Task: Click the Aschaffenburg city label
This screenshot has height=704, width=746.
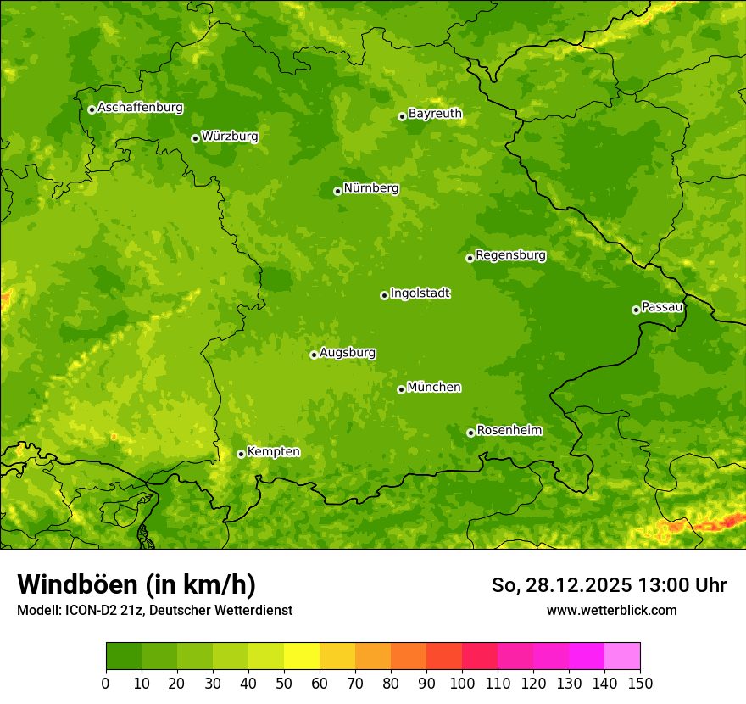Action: pyautogui.click(x=140, y=108)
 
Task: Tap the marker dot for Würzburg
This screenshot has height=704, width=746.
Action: pyautogui.click(x=195, y=138)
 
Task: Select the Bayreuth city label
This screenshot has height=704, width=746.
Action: pyautogui.click(x=435, y=114)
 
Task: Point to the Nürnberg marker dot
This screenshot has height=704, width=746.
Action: pyautogui.click(x=337, y=191)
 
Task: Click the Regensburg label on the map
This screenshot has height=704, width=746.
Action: pyautogui.click(x=510, y=255)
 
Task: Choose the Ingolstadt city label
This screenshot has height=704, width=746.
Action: pyautogui.click(x=420, y=293)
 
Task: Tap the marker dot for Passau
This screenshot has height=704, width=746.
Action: pyautogui.click(x=636, y=310)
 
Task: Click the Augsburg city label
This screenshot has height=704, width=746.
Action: pyautogui.click(x=348, y=353)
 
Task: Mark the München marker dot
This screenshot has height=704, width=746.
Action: pyautogui.click(x=401, y=389)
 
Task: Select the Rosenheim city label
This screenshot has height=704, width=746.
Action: pyautogui.click(x=509, y=431)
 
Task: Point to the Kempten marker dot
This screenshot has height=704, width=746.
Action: pyautogui.click(x=241, y=454)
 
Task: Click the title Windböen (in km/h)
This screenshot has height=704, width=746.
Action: pyautogui.click(x=136, y=585)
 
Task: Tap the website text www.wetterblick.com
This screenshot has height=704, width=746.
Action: pyautogui.click(x=611, y=610)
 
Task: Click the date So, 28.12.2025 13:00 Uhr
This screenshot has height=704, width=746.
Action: pyautogui.click(x=609, y=585)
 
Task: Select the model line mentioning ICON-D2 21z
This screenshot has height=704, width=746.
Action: pyautogui.click(x=154, y=610)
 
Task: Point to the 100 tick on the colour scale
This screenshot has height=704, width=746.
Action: pyautogui.click(x=462, y=683)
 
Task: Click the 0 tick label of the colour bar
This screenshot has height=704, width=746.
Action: pyautogui.click(x=106, y=683)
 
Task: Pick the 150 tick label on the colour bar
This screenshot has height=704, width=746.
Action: pyautogui.click(x=640, y=683)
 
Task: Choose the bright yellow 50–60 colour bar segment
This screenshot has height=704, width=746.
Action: pyautogui.click(x=302, y=657)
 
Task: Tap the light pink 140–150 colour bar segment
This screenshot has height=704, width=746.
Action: pyautogui.click(x=622, y=657)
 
